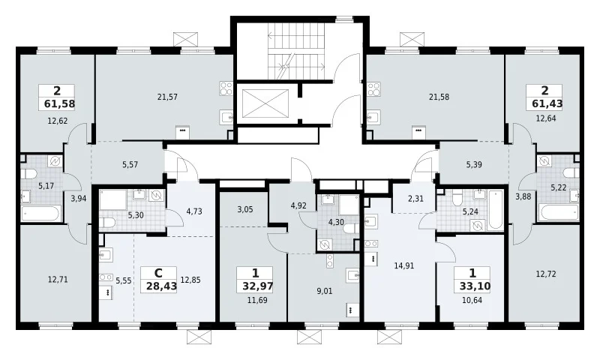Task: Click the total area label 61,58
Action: coord(59,103)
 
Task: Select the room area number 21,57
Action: coord(167,97)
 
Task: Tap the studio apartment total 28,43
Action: coord(161,286)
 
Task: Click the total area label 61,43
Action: coord(547,103)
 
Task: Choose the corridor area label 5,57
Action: coord(130,165)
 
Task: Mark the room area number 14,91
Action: coord(404,265)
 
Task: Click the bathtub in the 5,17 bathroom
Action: coord(41,213)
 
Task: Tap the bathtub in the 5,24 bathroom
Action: coord(496,210)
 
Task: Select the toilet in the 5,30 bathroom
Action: coord(107,222)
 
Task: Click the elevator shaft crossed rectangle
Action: coord(265,103)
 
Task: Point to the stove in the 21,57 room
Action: coord(226,88)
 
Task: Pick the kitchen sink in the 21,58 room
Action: coord(373,117)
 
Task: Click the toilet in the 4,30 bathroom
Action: coord(350,229)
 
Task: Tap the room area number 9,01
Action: coord(325,291)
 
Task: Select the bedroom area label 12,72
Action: coord(546,274)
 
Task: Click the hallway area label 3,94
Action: coord(79,198)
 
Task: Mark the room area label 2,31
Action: coord(415,199)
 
